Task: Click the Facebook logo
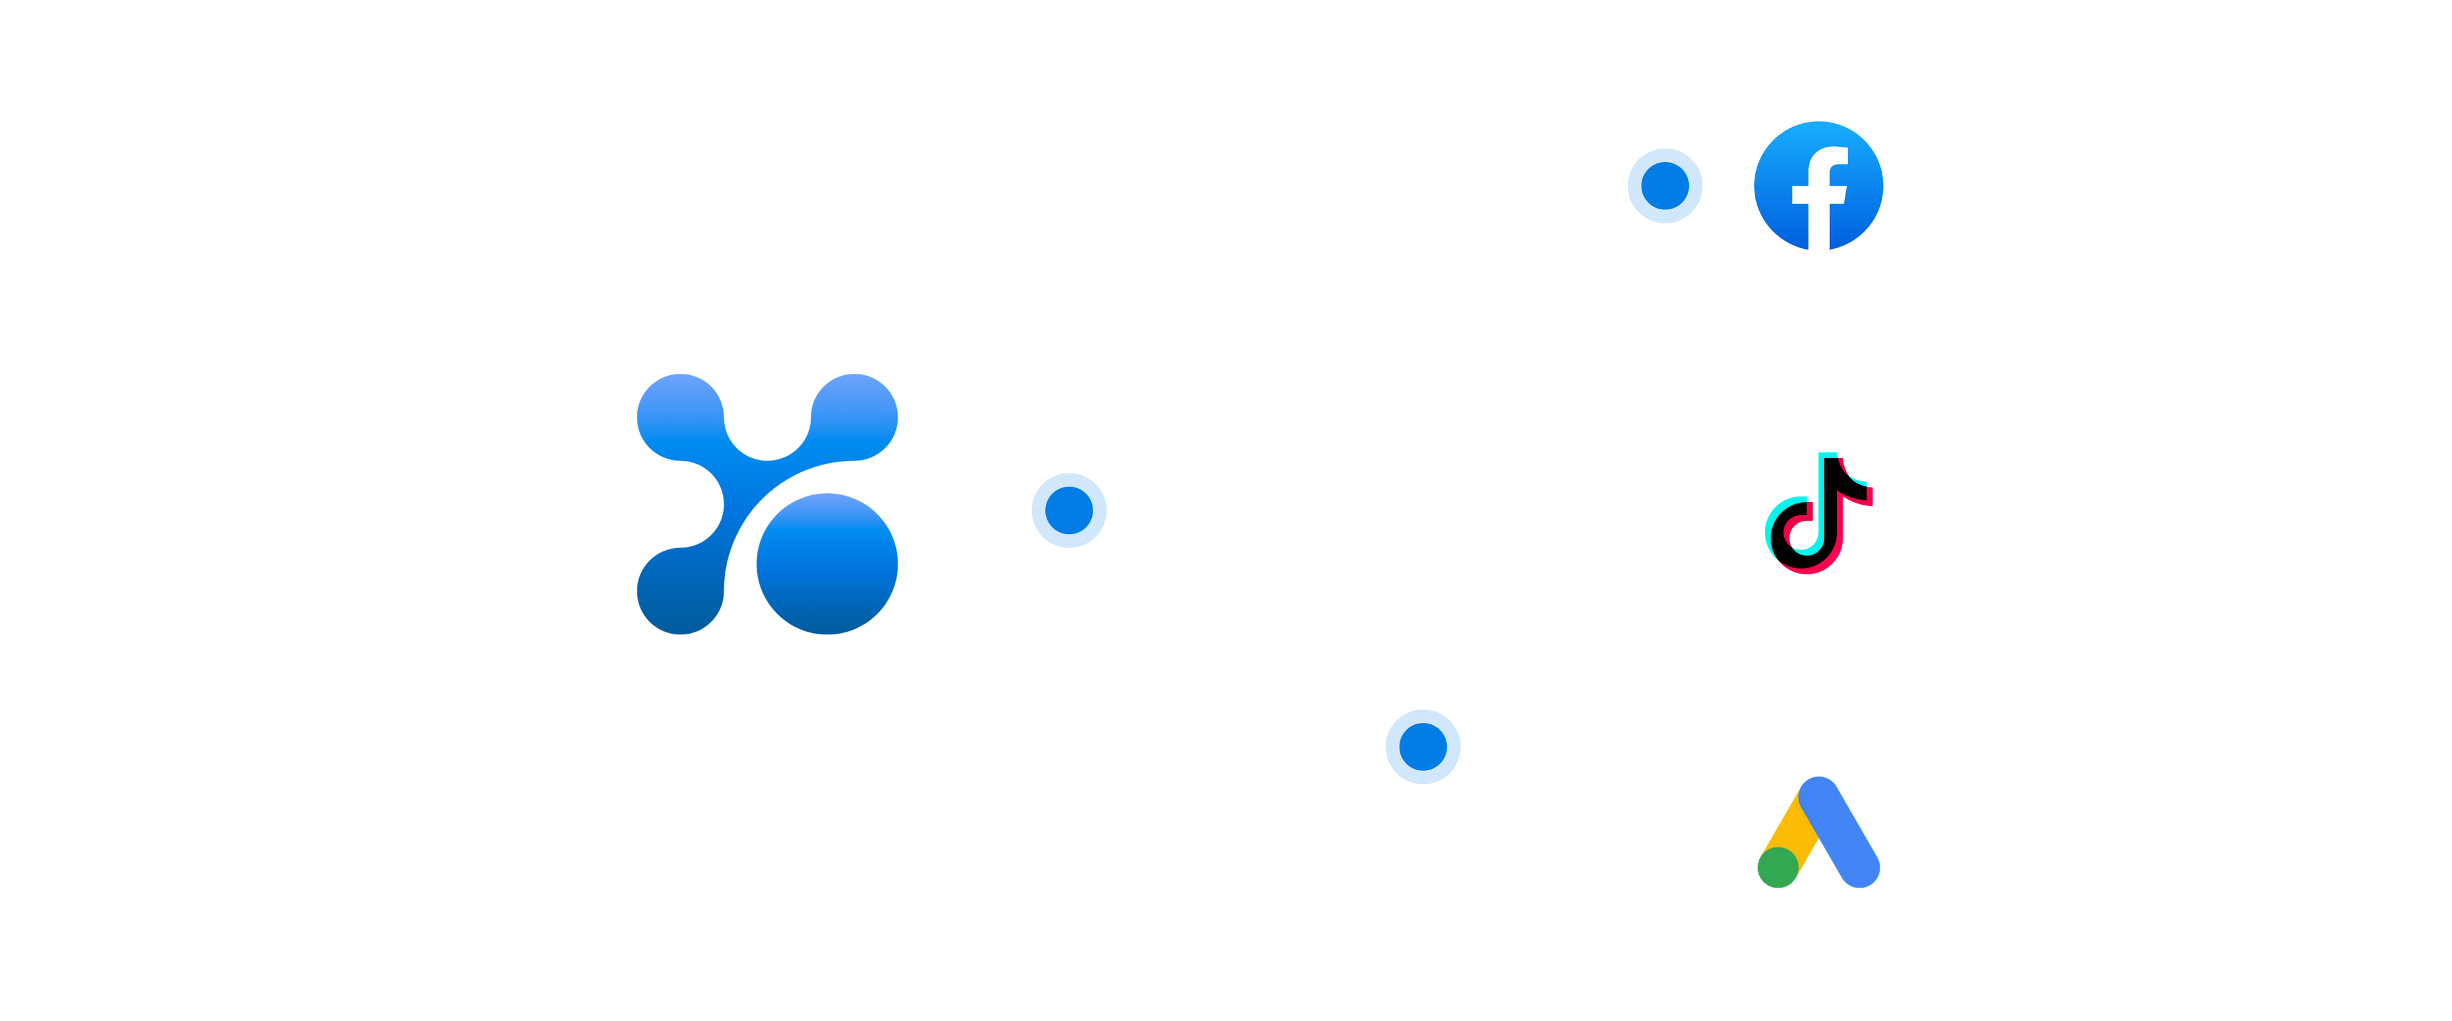(x=1818, y=186)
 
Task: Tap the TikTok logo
(x=1818, y=512)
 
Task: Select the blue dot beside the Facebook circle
(x=1664, y=186)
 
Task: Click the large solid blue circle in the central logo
(x=827, y=563)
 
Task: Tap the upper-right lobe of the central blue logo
(x=854, y=417)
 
